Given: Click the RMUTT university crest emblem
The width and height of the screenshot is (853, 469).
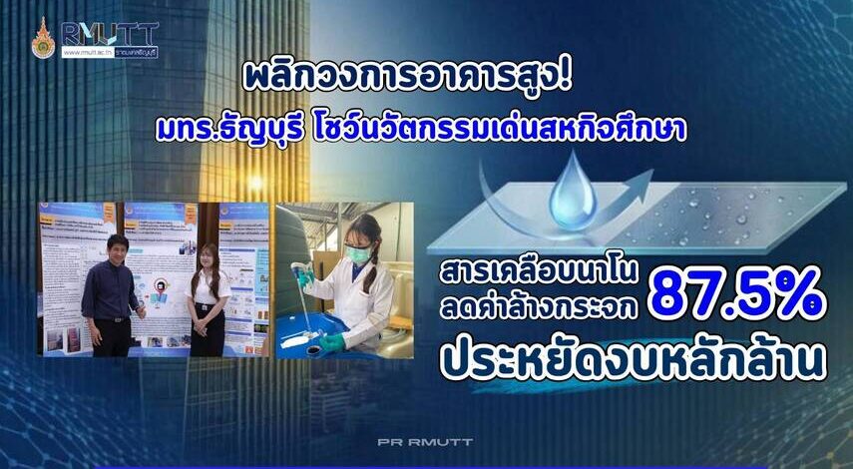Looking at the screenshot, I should tap(43, 37).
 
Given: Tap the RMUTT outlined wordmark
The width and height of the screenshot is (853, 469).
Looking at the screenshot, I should tap(109, 32).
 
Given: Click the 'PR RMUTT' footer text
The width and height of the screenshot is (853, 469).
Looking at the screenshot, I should tap(427, 441).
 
